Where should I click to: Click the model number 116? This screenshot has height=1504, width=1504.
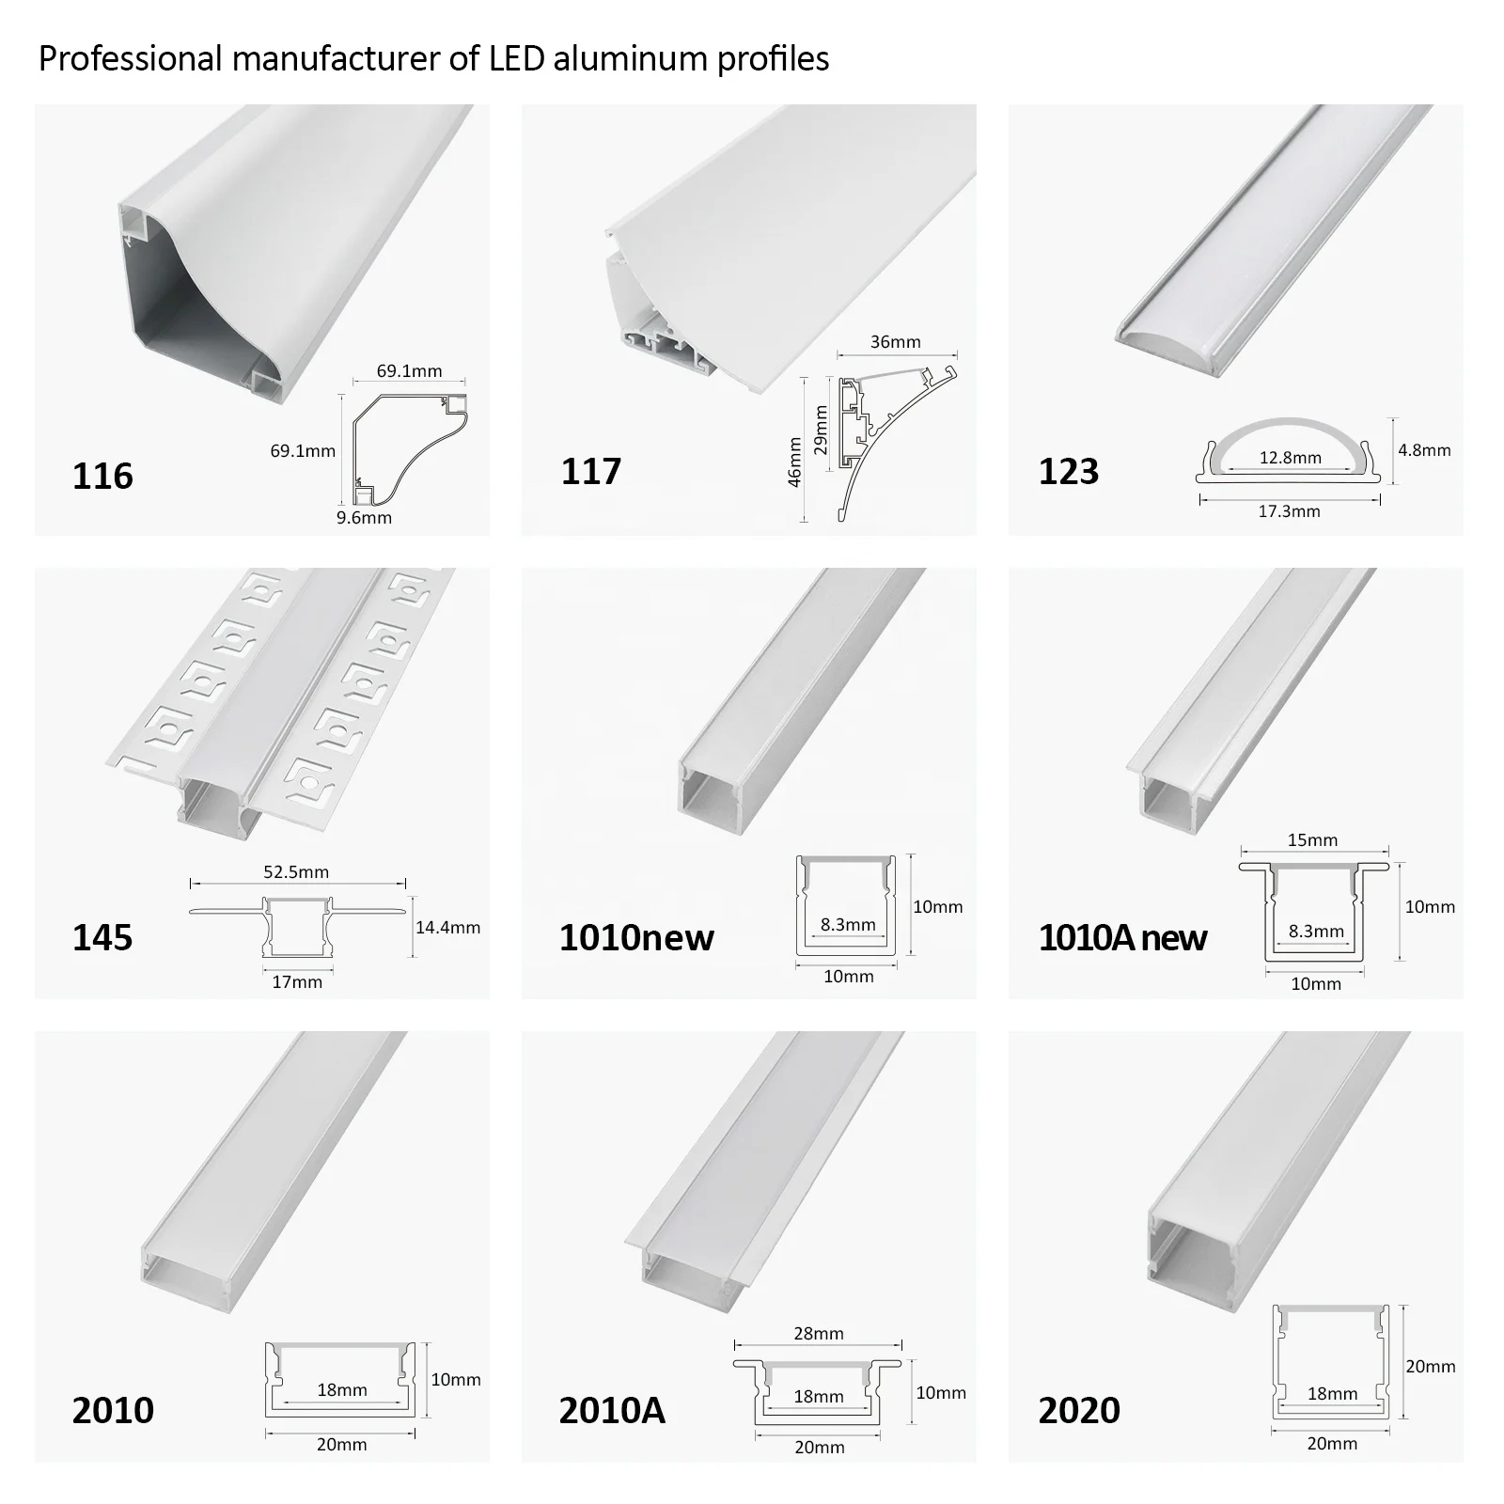pyautogui.click(x=102, y=476)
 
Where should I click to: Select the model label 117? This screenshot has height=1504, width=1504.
pyautogui.click(x=590, y=471)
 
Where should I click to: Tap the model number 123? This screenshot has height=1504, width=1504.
pyautogui.click(x=1068, y=471)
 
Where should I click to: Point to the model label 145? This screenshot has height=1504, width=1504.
pyautogui.click(x=102, y=937)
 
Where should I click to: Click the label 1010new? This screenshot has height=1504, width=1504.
pyautogui.click(x=636, y=937)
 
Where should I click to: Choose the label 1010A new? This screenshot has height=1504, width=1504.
pyautogui.click(x=1122, y=937)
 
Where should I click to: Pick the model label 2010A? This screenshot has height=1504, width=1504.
pyautogui.click(x=612, y=1410)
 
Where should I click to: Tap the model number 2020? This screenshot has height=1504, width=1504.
pyautogui.click(x=1079, y=1410)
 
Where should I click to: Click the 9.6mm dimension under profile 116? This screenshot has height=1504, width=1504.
pyautogui.click(x=364, y=517)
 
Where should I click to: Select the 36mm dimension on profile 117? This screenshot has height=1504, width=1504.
pyautogui.click(x=895, y=341)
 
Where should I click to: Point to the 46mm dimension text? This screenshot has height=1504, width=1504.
pyautogui.click(x=794, y=462)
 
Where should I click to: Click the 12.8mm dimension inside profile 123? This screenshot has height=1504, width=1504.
pyautogui.click(x=1290, y=458)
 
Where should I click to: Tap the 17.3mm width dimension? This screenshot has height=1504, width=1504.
pyautogui.click(x=1289, y=511)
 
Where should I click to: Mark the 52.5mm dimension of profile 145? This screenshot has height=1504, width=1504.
pyautogui.click(x=296, y=871)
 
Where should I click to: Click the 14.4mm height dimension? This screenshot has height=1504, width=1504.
pyautogui.click(x=447, y=928)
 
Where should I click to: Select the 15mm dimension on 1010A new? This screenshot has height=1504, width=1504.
pyautogui.click(x=1311, y=839)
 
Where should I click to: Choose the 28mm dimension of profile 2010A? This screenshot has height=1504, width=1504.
pyautogui.click(x=818, y=1333)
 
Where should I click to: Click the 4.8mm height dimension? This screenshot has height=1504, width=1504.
pyautogui.click(x=1424, y=449)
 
